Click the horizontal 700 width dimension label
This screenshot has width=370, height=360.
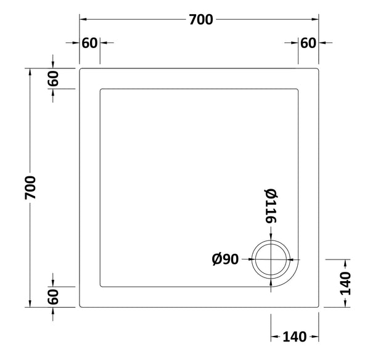tap(200, 20)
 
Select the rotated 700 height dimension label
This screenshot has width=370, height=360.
tap(30, 187)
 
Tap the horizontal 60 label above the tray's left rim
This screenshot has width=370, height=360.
tap(89, 43)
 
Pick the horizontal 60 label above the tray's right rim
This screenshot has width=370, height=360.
tap(308, 43)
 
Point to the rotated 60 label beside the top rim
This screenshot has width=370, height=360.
tap(54, 78)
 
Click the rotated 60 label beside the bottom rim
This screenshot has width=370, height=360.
tap(54, 297)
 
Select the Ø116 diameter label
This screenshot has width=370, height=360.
tap(270, 205)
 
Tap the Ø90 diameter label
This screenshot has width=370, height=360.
tap(225, 260)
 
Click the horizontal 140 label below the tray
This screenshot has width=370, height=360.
tap(295, 337)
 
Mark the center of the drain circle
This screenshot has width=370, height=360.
tap(271, 259)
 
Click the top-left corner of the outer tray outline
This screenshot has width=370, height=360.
tap(80, 68)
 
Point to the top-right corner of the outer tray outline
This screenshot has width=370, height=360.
tap(318, 68)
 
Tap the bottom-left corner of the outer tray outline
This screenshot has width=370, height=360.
tap(80, 306)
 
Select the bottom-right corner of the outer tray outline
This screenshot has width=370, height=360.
tap(318, 306)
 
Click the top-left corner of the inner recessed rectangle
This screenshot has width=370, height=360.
tap(101, 89)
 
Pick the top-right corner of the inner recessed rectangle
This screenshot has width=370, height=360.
tap(298, 89)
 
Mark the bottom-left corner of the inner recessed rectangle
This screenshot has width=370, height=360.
tap(101, 286)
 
